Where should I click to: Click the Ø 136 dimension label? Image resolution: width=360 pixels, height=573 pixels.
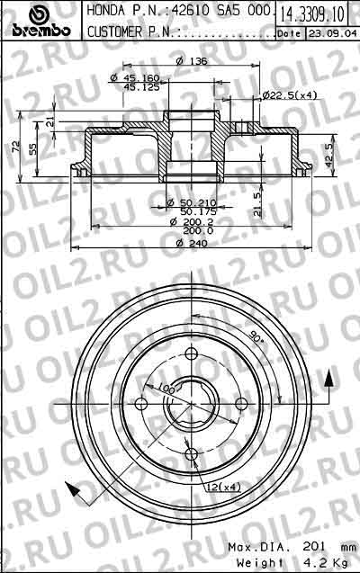tap(187, 60)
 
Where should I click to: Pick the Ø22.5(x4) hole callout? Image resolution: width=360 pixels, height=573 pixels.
tap(289, 95)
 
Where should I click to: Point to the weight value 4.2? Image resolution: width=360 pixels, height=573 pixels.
tap(310, 562)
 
